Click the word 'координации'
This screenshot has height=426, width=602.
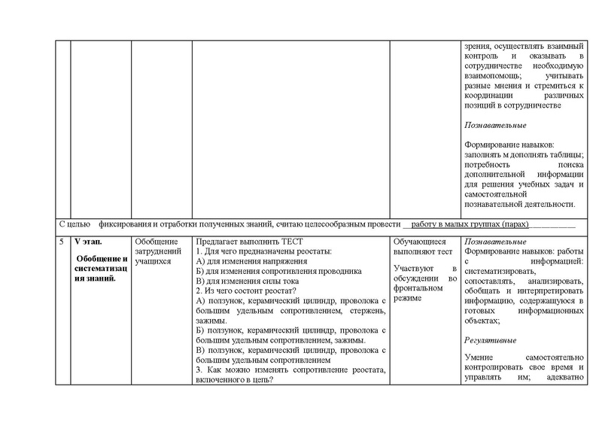click(x=490, y=96)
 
